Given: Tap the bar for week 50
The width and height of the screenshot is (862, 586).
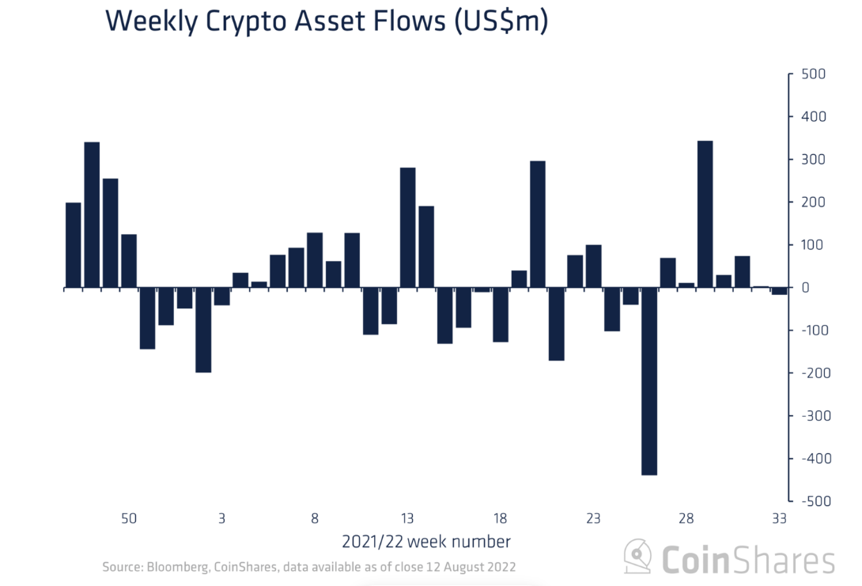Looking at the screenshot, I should [x=129, y=261].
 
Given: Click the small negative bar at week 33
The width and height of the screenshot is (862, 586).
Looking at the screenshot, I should [x=779, y=292].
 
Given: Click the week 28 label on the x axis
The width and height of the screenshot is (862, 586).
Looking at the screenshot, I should [x=686, y=519].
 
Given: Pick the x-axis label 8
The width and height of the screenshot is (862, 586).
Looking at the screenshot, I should [x=315, y=519].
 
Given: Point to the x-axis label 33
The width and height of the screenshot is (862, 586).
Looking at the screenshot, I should [x=779, y=519].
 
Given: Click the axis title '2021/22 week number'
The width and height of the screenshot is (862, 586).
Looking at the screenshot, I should [x=425, y=543].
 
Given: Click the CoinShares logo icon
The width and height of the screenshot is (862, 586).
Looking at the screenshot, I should [x=638, y=557].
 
